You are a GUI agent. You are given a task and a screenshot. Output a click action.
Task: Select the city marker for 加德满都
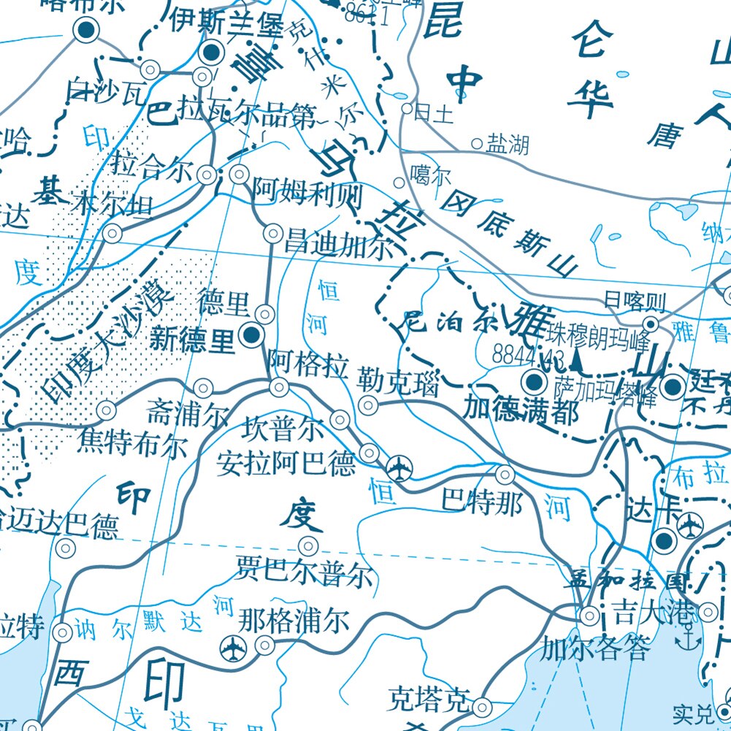coord(535,381)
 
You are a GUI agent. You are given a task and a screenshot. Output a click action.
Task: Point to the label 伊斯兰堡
coord(226,22)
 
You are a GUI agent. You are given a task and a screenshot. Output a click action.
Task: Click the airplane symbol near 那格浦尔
coord(233,646)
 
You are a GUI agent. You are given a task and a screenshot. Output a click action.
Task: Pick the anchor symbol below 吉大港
coord(686,640)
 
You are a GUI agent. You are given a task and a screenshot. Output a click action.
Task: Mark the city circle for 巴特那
coord(505,475)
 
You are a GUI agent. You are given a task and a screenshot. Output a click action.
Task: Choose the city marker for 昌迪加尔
coord(272,234)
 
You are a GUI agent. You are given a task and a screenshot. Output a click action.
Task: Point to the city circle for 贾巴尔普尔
coord(309,546)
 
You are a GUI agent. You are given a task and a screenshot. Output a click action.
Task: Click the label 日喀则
coord(635,300)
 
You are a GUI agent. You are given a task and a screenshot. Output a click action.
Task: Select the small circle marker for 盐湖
coord(477,144)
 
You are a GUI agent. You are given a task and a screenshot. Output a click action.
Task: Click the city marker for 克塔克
coord(482,707)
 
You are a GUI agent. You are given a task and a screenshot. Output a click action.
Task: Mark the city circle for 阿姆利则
coord(239,175)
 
